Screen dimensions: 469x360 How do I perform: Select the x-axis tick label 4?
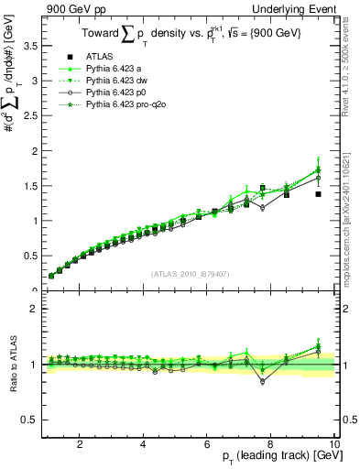click(144, 444)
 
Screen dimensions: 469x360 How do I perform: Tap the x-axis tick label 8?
click(271, 444)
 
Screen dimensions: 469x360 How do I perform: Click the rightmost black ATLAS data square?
click(318, 194)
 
